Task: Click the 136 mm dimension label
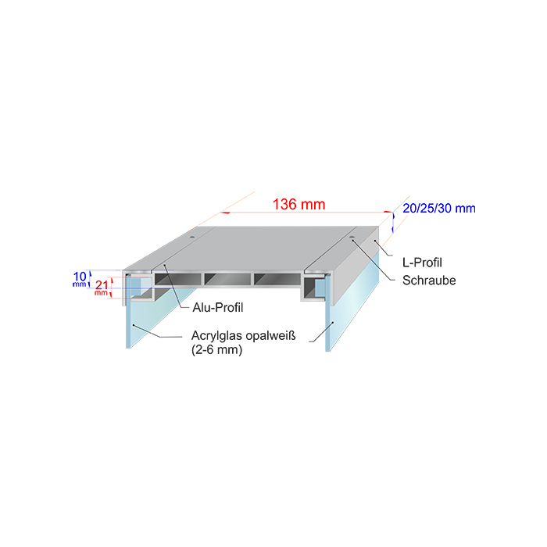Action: coord(299,205)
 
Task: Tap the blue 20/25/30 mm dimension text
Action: coord(439,209)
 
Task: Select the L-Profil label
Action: coord(422,262)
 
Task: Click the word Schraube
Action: coord(429,280)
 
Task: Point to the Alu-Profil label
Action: coord(217,307)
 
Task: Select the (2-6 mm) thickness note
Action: coord(216,350)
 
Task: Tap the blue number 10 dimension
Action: coord(80,276)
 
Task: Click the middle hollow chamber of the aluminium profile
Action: coord(227,277)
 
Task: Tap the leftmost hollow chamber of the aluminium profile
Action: coord(178,277)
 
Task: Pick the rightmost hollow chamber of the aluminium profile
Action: coord(276,277)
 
